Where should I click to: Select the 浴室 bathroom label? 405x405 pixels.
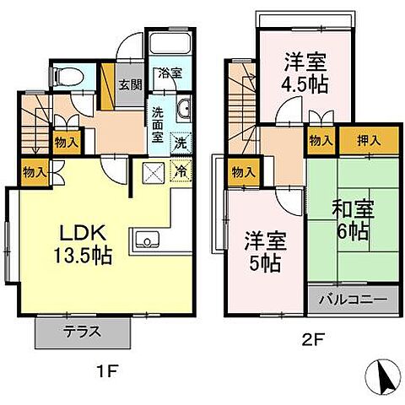point(169,73)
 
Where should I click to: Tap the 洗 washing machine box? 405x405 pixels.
point(181,143)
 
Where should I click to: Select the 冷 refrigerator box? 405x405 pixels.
point(181,169)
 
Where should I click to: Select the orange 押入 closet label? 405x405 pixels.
point(359,141)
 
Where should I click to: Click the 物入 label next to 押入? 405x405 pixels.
point(320,141)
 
